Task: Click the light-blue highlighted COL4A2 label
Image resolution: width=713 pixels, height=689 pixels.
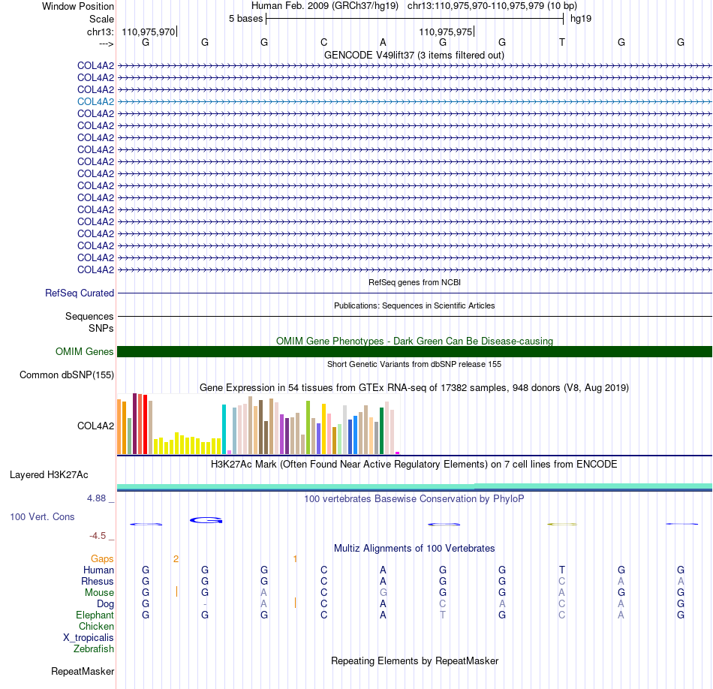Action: pos(95,101)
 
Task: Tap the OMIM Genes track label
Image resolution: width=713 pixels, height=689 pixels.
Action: pos(85,351)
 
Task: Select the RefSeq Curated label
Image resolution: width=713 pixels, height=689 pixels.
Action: pos(80,293)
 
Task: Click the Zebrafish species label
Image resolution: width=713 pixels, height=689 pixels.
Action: pos(94,649)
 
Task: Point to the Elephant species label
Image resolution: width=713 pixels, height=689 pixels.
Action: pos(95,615)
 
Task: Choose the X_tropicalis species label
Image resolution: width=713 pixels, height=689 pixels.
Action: pos(89,638)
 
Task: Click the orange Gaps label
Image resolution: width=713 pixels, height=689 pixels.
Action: pos(102,558)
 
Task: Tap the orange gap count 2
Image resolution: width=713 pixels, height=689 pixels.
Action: pos(176,559)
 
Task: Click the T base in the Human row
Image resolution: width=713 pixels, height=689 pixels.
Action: pos(562,570)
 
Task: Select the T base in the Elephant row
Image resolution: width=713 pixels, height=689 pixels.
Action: pos(443,615)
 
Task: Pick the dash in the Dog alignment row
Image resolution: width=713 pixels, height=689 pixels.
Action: pos(205,604)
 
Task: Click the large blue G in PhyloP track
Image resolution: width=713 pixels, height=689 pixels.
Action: pos(206,520)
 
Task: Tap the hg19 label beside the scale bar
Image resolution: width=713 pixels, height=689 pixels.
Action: pos(581,19)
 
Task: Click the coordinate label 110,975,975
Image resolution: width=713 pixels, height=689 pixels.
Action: pos(446,32)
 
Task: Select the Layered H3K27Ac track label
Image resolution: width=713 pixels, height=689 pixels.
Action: pos(49,475)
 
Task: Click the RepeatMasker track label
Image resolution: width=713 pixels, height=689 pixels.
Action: pos(83,671)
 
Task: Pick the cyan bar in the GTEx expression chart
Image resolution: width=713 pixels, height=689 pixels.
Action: pos(224,429)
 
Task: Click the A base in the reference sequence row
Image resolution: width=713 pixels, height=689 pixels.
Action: pos(383,42)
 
